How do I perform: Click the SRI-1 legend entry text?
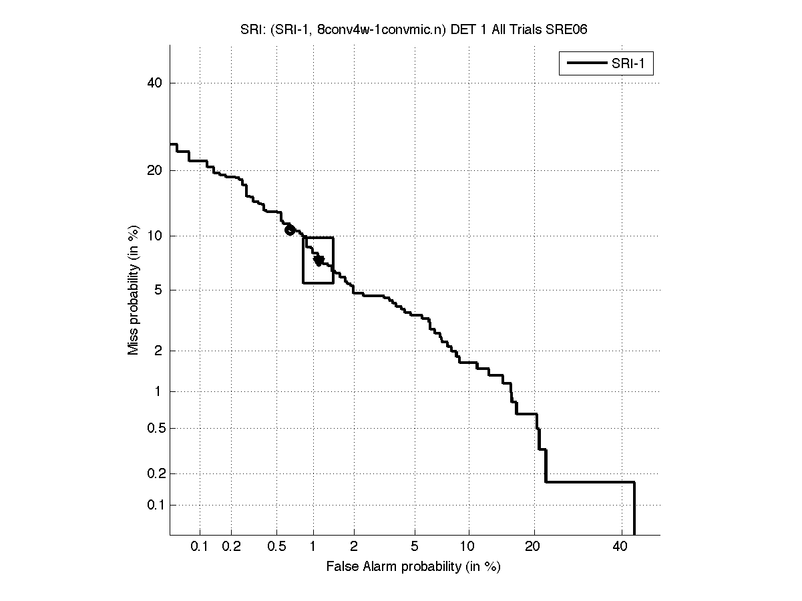(x=631, y=64)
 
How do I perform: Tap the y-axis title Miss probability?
(x=134, y=289)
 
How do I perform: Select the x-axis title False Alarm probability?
(x=413, y=567)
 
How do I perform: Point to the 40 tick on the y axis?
(x=157, y=83)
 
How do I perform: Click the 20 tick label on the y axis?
(x=157, y=170)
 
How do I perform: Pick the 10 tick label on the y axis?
(x=157, y=236)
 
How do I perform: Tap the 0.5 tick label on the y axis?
(x=154, y=428)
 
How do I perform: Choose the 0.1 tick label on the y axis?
(x=154, y=505)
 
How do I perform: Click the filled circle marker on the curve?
(x=290, y=230)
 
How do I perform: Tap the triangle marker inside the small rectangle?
(x=319, y=260)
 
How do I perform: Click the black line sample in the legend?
(x=586, y=64)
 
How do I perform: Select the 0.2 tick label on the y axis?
(x=154, y=473)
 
